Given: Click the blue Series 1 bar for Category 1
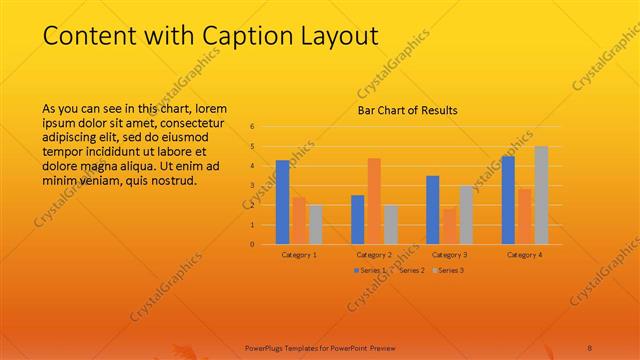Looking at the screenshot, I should [x=283, y=202].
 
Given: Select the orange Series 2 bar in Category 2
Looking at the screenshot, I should [x=374, y=201].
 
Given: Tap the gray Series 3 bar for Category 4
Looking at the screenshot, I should [x=541, y=195].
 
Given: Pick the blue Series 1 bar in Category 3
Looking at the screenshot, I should [x=432, y=210].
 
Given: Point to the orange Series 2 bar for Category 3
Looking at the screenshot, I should [x=449, y=226].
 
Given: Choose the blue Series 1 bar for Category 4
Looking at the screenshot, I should [x=508, y=200].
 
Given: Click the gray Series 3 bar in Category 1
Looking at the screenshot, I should [x=316, y=224].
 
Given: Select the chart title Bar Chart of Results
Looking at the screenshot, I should [x=407, y=110].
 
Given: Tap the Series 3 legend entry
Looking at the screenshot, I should [x=449, y=270].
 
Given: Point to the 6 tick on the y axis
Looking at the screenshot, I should [x=252, y=127].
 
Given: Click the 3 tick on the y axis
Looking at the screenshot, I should [x=252, y=186].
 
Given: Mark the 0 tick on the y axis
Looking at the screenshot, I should [x=252, y=244].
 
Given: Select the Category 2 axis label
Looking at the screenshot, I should [x=374, y=255].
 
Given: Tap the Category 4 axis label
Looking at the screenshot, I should [x=524, y=255].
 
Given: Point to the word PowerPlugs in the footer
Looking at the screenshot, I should [x=265, y=346].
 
